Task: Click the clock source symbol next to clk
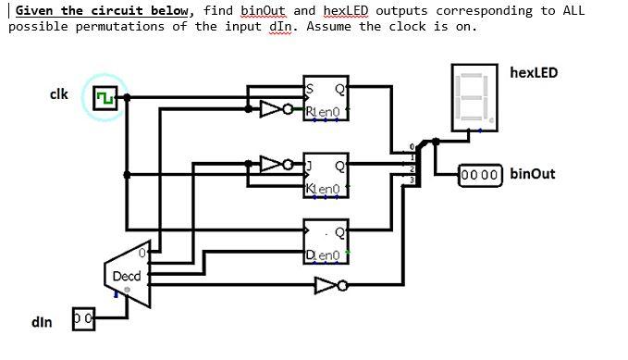coord(104,97)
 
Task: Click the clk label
coord(58,94)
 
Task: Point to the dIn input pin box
coord(83,317)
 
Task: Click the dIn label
coord(42,322)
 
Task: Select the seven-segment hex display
coord(475,96)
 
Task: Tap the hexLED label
coord(534,72)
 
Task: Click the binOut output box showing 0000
coord(480,174)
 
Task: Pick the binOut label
coord(533,174)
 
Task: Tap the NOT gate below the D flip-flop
coord(327,284)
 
